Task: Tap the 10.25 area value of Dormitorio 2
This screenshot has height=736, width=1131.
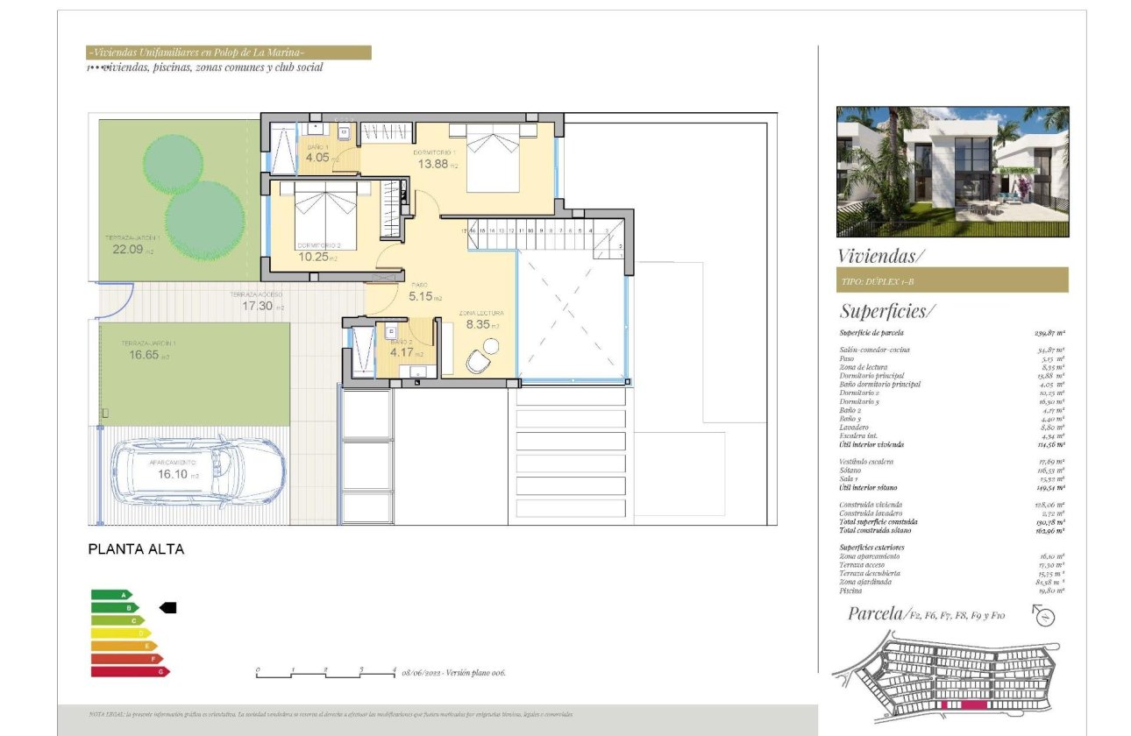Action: click(311, 257)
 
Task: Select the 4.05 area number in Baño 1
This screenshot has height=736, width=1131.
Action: click(317, 159)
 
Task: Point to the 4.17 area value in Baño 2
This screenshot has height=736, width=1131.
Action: click(402, 353)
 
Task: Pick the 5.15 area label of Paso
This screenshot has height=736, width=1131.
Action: click(422, 297)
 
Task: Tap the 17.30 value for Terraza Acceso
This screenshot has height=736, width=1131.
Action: click(258, 307)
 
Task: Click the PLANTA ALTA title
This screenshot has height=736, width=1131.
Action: click(137, 550)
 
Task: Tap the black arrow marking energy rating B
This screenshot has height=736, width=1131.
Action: click(167, 607)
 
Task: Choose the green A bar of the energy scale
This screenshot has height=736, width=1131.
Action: click(110, 595)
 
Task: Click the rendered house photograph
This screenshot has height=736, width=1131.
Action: click(952, 172)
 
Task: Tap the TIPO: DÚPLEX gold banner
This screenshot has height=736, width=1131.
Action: click(952, 280)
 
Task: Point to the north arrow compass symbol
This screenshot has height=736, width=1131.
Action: click(1044, 615)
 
